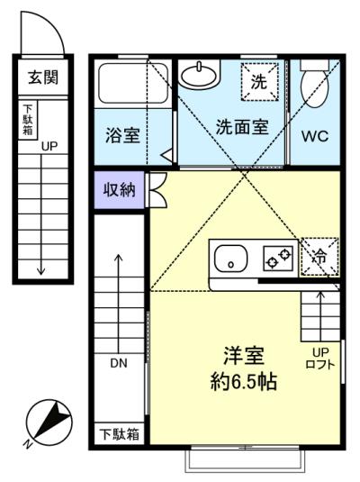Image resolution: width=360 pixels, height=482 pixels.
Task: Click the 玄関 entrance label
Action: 43,77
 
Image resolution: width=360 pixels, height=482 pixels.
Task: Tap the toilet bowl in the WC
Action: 314,86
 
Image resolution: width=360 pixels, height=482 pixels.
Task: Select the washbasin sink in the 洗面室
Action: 200,75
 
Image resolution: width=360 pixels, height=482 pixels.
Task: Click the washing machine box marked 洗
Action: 259,82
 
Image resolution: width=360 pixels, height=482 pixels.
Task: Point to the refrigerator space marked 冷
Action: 319,257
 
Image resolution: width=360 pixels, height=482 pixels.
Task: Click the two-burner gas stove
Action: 278,259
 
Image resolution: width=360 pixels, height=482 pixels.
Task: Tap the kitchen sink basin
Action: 231,259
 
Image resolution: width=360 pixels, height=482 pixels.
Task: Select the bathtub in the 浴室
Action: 133,84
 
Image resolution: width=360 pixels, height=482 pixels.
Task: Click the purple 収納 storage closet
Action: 119,190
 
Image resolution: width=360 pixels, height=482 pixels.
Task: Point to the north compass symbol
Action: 49,423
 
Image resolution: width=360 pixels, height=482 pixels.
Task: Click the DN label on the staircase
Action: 119,364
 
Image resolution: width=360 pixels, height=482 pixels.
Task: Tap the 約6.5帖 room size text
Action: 244,381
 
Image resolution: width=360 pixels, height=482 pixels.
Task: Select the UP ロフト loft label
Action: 320,358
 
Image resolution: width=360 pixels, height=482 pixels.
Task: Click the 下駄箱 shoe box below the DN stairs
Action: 119,434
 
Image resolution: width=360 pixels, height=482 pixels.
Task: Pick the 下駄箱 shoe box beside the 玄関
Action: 28,120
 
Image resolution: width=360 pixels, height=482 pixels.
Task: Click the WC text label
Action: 315,136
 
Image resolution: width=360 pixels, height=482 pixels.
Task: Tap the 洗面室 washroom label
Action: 242,126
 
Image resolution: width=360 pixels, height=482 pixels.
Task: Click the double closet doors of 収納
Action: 157,189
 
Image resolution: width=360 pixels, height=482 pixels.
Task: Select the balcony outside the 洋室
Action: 245,459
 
